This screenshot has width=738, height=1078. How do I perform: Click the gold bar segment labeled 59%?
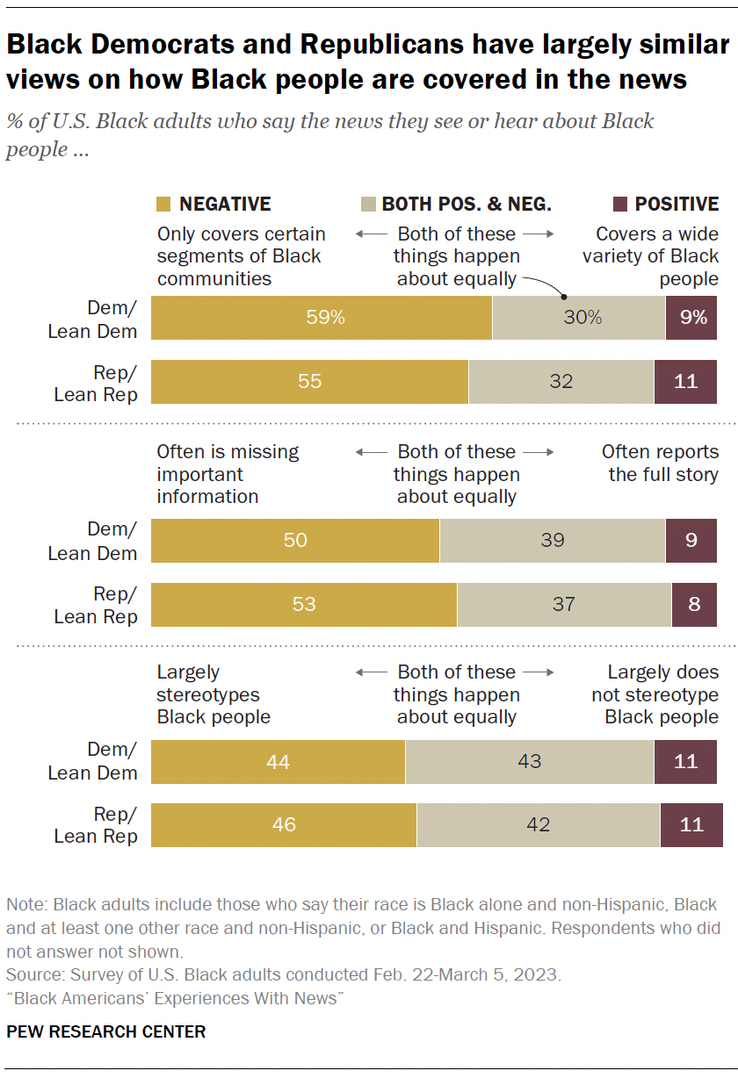(x=322, y=318)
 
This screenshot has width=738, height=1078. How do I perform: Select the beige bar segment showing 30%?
(x=579, y=318)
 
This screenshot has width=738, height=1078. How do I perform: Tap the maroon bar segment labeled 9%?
(x=691, y=318)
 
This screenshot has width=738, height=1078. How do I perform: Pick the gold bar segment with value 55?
(x=309, y=382)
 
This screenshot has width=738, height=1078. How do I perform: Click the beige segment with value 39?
(x=553, y=540)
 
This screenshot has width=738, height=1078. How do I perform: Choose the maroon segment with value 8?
(x=694, y=604)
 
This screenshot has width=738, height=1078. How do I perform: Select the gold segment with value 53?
(x=304, y=604)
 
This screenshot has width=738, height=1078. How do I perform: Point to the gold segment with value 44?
(x=278, y=761)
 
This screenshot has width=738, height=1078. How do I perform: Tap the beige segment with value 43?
(x=530, y=761)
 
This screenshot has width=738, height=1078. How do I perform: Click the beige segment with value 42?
(x=538, y=825)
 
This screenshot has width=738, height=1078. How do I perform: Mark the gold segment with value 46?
(x=284, y=825)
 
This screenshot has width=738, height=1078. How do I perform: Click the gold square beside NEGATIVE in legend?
(x=163, y=205)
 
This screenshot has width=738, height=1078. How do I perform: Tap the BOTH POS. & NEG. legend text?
(x=467, y=205)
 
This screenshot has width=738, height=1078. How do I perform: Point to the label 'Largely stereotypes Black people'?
(x=213, y=694)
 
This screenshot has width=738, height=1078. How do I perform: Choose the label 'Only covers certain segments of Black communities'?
(x=240, y=256)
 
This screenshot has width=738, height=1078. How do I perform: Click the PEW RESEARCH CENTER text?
(x=106, y=1031)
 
